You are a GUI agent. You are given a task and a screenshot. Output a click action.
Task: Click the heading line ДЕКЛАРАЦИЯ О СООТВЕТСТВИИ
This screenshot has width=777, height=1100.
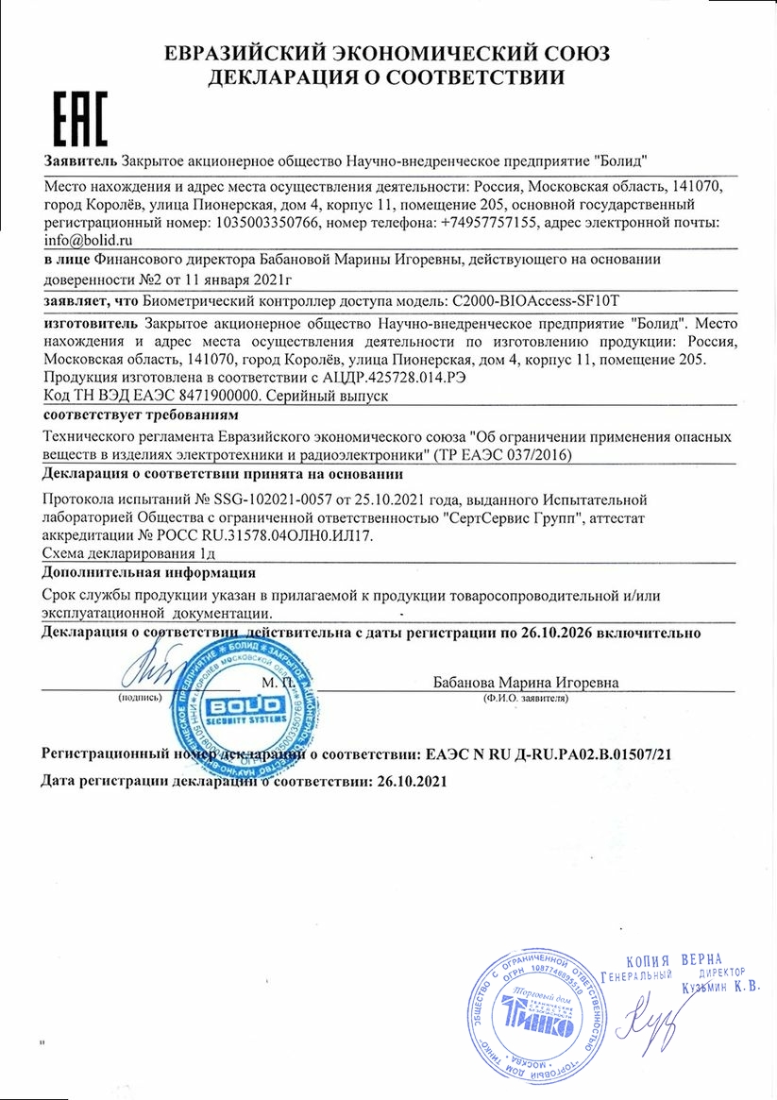coord(388,76)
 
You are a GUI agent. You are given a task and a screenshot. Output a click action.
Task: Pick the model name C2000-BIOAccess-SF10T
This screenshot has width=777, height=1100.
coord(535,301)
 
